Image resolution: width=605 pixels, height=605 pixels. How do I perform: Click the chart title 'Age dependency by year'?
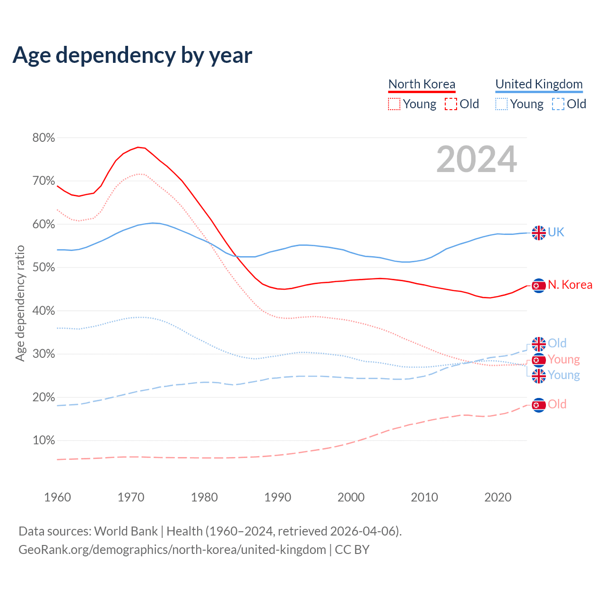pos(132,55)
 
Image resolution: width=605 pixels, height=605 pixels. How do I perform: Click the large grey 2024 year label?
pos(476,159)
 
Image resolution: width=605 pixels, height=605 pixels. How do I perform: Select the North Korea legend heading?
pos(422,84)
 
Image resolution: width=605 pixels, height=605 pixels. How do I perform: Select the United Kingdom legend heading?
pos(539,84)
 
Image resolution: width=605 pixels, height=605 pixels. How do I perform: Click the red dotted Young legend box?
pos(394,104)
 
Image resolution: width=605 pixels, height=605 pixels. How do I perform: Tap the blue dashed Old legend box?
pos(558,104)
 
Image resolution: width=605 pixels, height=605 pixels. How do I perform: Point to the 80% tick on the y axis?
pos(43,138)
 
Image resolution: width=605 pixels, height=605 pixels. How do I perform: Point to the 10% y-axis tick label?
pos(43,441)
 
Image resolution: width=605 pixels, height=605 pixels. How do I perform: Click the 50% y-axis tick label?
pos(43,268)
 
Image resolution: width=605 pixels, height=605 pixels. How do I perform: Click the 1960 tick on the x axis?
pos(58,497)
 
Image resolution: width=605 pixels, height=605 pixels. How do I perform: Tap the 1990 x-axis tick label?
pos(278,497)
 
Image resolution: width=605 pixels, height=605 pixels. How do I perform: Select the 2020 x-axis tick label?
pos(498,497)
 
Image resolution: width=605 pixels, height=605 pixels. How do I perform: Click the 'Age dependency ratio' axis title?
pos(20,303)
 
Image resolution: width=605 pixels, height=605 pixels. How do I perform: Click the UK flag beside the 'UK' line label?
pos(539,233)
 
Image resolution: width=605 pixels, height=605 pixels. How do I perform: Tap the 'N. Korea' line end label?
pos(570,285)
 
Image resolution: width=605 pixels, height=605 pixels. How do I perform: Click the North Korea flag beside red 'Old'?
pos(539,405)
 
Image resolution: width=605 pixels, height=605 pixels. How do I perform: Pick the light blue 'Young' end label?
pos(564,375)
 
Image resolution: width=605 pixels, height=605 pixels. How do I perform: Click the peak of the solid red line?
pos(138,147)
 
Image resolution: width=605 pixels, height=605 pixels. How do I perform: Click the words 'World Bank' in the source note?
pos(126,531)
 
